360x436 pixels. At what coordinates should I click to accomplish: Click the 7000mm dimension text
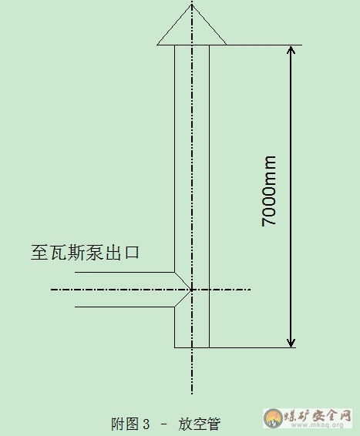(x=269, y=191)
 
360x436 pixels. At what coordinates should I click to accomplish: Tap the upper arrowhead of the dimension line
(x=291, y=49)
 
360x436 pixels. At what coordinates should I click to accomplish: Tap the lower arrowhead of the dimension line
(x=291, y=344)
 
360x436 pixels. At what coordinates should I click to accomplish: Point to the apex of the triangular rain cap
(x=192, y=5)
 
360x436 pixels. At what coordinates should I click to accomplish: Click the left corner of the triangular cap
(x=157, y=45)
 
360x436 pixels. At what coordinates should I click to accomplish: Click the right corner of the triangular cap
(x=226, y=45)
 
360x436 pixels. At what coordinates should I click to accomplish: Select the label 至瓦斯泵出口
(x=85, y=253)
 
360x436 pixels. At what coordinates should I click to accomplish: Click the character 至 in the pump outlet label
(x=39, y=253)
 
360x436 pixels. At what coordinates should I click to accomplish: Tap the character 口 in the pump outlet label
(x=132, y=253)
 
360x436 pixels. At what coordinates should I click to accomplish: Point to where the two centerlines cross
(x=192, y=290)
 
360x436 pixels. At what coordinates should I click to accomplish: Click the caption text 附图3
(x=130, y=424)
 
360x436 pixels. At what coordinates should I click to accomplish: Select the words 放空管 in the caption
(x=199, y=424)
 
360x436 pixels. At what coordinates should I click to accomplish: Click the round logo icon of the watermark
(x=273, y=418)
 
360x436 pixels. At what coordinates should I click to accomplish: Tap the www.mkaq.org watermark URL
(x=317, y=424)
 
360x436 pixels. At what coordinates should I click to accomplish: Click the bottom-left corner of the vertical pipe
(x=175, y=347)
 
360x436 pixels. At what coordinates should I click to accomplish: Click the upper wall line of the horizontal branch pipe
(x=125, y=272)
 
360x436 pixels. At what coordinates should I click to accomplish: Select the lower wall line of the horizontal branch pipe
(x=125, y=307)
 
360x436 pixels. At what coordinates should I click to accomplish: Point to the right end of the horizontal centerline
(x=251, y=290)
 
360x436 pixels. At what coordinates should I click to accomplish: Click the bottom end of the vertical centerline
(x=192, y=394)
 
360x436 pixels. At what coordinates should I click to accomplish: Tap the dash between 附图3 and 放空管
(x=164, y=424)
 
